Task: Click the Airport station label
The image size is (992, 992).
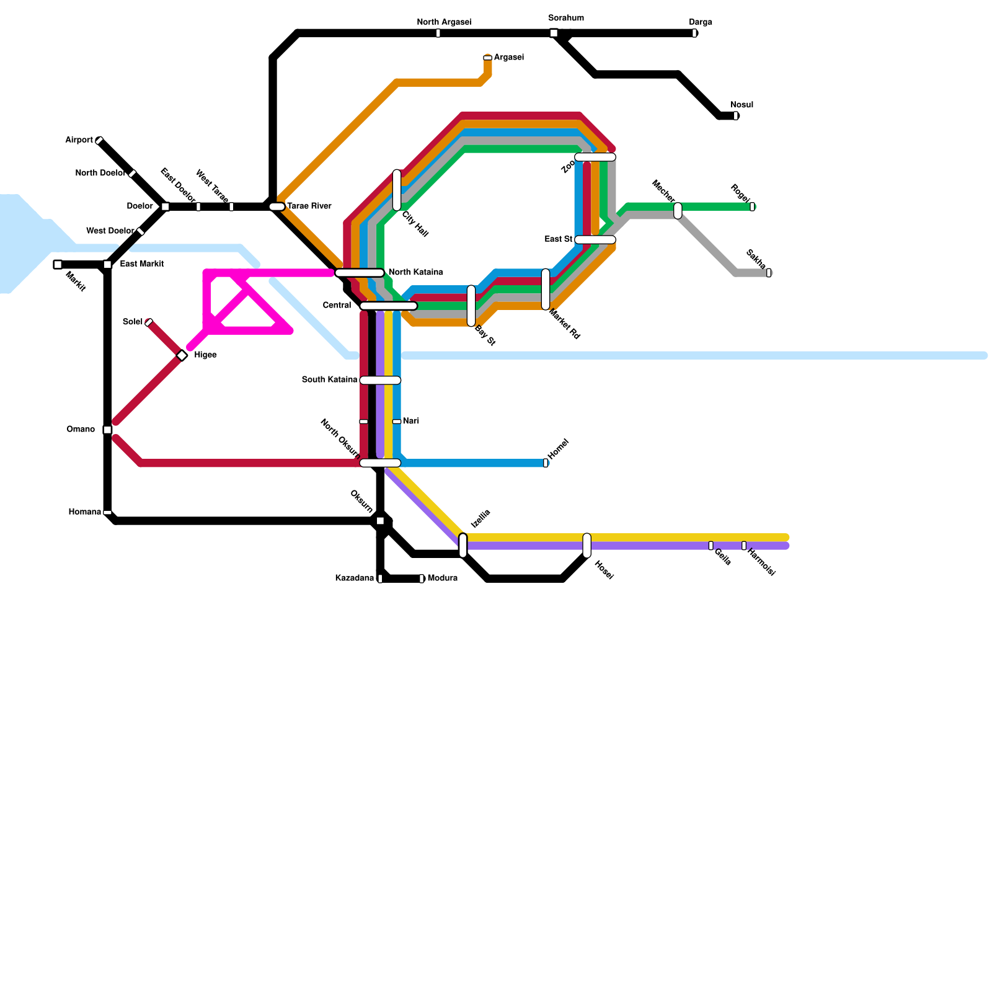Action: pyautogui.click(x=79, y=140)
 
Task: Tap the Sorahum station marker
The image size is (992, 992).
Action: pyautogui.click(x=554, y=33)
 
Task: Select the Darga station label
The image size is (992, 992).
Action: pyautogui.click(x=701, y=22)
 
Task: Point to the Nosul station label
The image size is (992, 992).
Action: pyautogui.click(x=742, y=105)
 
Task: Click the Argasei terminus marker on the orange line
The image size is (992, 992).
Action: pyautogui.click(x=488, y=58)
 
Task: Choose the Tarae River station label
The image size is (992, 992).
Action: pyautogui.click(x=309, y=206)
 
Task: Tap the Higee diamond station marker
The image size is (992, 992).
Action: pyautogui.click(x=182, y=355)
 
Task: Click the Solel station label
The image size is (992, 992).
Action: pyautogui.click(x=133, y=322)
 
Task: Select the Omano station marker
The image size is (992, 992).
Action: pyautogui.click(x=107, y=430)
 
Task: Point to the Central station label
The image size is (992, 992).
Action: pyautogui.click(x=337, y=305)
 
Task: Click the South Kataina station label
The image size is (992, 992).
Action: pyautogui.click(x=330, y=379)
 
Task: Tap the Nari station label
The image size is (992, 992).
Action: pyautogui.click(x=411, y=421)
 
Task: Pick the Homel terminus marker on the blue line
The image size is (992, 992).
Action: pyautogui.click(x=546, y=463)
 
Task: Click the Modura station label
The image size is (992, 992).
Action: pyautogui.click(x=443, y=578)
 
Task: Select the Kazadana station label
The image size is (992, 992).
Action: pyautogui.click(x=355, y=578)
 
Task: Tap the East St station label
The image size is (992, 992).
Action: pyautogui.click(x=559, y=239)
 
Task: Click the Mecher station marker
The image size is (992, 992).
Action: pyautogui.click(x=678, y=211)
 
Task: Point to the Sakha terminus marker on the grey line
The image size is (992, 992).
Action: pyautogui.click(x=769, y=273)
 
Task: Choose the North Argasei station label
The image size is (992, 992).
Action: pyautogui.click(x=444, y=22)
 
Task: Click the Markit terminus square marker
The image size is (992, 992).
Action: pyautogui.click(x=58, y=265)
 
